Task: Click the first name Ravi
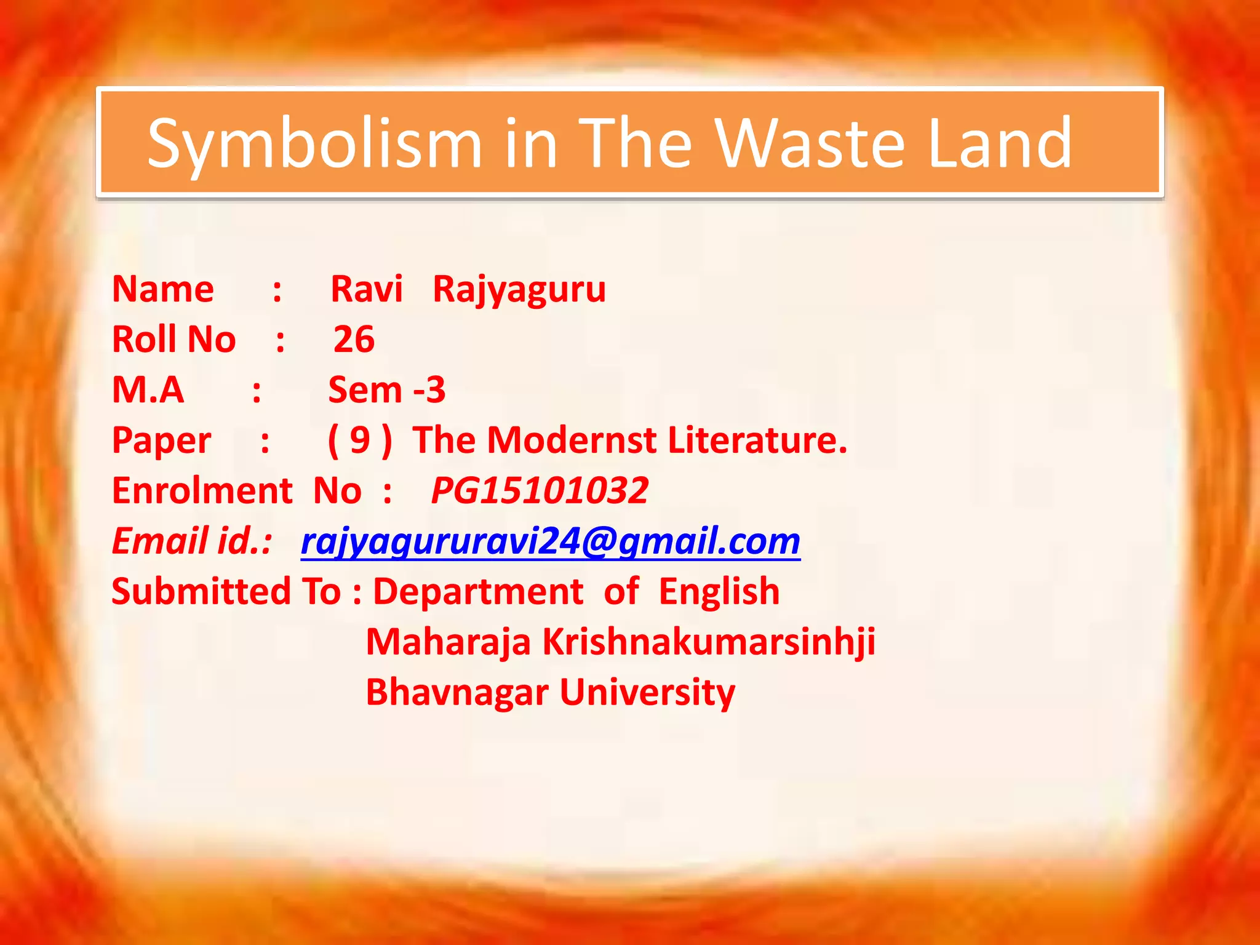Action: point(367,289)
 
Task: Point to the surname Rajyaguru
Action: point(519,290)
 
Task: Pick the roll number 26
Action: point(354,339)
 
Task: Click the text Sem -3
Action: point(387,389)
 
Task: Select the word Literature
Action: point(757,440)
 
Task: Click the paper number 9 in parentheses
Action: point(360,441)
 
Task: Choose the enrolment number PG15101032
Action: point(540,490)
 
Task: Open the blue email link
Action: point(551,541)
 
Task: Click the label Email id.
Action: point(191,541)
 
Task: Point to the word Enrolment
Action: point(202,490)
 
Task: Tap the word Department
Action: point(478,591)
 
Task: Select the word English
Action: point(719,591)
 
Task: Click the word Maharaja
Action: point(449,642)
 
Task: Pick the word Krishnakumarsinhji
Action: point(709,642)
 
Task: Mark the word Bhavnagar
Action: point(457,692)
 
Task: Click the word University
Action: point(647,692)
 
